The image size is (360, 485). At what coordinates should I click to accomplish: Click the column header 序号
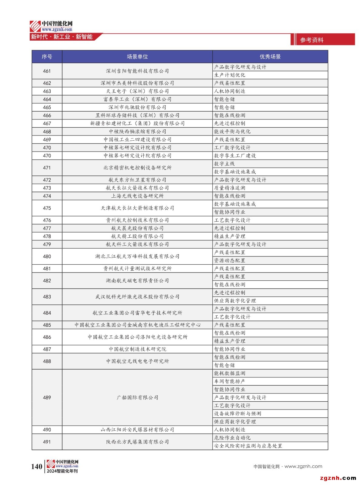[x=47, y=57]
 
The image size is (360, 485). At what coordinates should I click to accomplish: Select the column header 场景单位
[x=137, y=57]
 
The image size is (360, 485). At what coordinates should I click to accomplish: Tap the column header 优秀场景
[x=270, y=57]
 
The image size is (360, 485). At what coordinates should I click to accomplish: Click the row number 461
[x=47, y=71]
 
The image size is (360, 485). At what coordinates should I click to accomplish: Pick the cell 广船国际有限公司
[x=137, y=397]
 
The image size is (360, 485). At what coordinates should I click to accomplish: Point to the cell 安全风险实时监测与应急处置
[x=248, y=446]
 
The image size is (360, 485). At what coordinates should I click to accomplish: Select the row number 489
[x=47, y=397]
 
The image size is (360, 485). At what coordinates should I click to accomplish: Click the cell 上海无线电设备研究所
[x=137, y=196]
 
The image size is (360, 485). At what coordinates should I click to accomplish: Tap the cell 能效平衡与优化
[x=232, y=132]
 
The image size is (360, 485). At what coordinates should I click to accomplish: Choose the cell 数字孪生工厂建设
[x=235, y=156]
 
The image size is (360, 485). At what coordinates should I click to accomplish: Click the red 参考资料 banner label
[x=312, y=40]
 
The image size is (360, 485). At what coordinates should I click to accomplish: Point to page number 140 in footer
[x=37, y=467]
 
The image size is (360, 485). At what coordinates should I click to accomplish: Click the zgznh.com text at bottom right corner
[x=338, y=478]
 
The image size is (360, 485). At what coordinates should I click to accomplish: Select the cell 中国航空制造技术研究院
[x=137, y=349]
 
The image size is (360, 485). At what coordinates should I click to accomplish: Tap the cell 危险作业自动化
[x=232, y=438]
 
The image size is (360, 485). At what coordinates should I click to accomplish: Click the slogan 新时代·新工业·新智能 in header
[x=62, y=37]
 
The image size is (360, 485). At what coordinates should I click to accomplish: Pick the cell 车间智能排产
[x=230, y=381]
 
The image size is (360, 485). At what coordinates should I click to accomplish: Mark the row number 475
[x=47, y=208]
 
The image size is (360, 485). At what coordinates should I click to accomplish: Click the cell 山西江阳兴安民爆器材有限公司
[x=137, y=430]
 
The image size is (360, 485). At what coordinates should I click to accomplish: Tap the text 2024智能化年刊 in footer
[x=62, y=471]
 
